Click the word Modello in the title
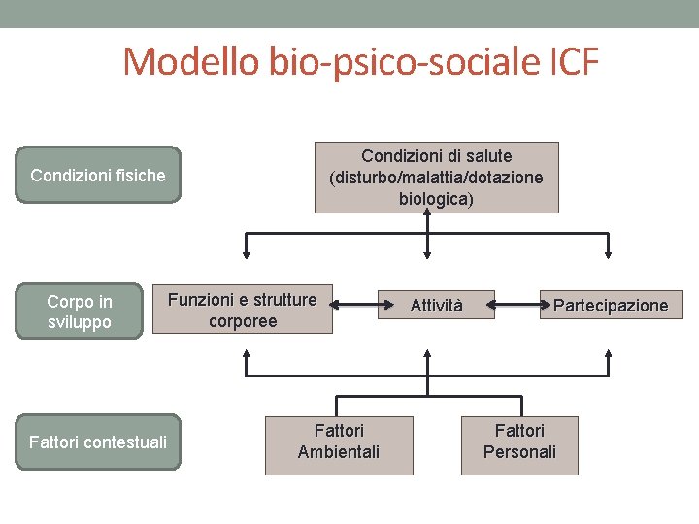point(190,62)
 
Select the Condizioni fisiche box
point(98,176)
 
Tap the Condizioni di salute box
point(436,177)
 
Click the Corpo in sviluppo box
point(80,311)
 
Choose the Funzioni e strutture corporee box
point(243,311)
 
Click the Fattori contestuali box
point(98,442)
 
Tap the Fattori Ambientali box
point(339,442)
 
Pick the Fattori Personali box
point(519,442)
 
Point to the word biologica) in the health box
point(436,199)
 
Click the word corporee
point(243,321)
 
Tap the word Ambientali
point(339,452)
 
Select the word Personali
point(519,452)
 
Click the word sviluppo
point(80,322)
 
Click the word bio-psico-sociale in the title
point(401,62)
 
